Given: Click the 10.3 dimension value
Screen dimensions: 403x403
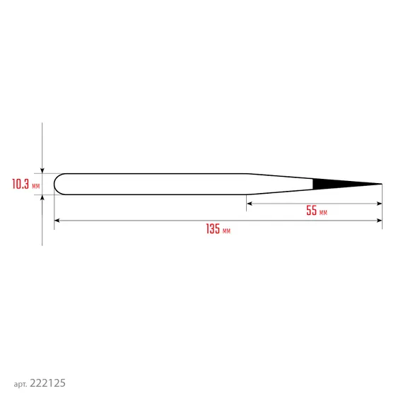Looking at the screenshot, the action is [x=21, y=184].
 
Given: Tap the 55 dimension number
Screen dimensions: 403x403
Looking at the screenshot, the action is [x=312, y=210].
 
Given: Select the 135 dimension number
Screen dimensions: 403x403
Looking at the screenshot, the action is [x=213, y=229].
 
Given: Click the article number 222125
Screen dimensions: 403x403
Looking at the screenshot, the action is [x=47, y=383].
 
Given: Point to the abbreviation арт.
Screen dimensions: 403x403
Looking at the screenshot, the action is [x=21, y=384].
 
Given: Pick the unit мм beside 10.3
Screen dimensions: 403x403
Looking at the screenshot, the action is [x=36, y=186].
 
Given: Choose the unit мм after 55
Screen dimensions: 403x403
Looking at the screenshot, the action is [x=323, y=213].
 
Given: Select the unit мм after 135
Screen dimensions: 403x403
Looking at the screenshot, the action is [x=226, y=231].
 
